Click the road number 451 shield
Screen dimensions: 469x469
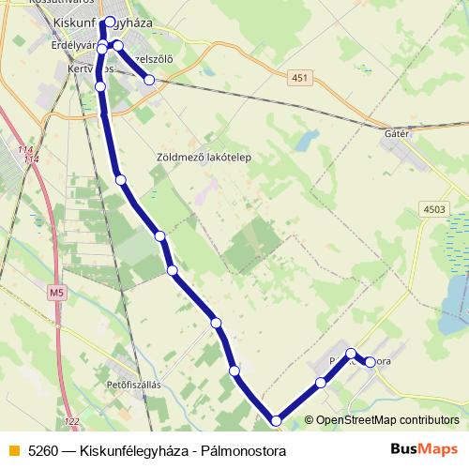click(x=298, y=78)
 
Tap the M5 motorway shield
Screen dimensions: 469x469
click(x=57, y=294)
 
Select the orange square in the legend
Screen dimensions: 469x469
click(x=12, y=449)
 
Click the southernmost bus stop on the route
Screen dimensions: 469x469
click(x=276, y=421)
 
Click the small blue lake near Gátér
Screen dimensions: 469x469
click(x=303, y=143)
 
